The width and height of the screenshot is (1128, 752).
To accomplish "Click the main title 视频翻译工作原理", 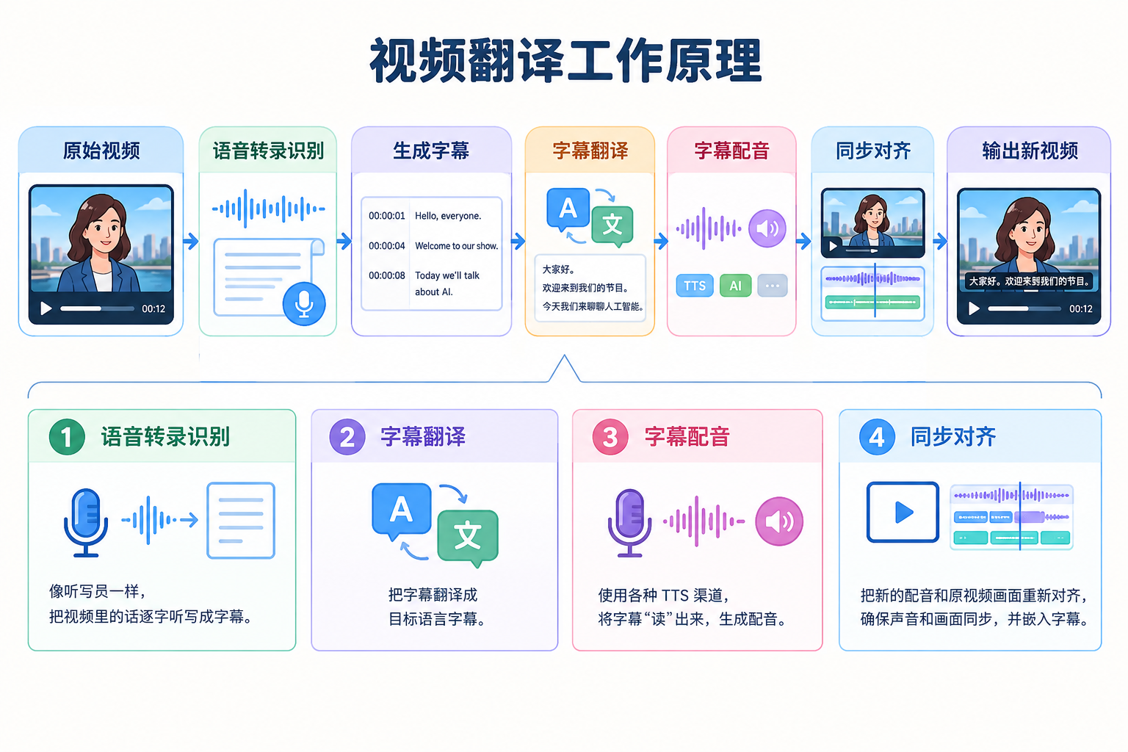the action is [565, 60].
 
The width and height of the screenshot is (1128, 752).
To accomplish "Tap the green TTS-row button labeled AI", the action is [735, 286].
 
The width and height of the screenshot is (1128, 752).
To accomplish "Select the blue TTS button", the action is [695, 286].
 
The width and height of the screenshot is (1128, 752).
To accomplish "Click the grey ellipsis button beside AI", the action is [772, 286].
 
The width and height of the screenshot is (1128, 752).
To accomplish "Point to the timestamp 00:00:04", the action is [387, 246].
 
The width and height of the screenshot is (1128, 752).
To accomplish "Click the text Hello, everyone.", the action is [448, 216].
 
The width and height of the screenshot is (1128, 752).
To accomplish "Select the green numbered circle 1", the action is [67, 437].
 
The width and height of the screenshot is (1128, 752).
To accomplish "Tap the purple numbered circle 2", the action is [347, 437].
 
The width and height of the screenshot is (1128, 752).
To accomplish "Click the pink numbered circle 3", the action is [610, 437].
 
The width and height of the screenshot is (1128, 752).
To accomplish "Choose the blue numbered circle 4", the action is [877, 437].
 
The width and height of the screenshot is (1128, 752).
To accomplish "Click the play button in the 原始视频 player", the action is [46, 308].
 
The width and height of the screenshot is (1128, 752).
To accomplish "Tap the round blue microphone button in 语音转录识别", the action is [303, 304].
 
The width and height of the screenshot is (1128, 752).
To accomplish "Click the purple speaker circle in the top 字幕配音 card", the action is [767, 228].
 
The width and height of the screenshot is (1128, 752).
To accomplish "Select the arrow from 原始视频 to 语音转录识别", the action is [191, 242].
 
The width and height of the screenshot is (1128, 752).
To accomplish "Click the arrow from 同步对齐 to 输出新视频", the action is [940, 242].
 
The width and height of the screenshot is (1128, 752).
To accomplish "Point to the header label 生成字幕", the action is [431, 151].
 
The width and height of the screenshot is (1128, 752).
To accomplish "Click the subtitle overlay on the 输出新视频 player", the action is [1029, 281].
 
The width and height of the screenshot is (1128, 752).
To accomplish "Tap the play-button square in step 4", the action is [903, 513].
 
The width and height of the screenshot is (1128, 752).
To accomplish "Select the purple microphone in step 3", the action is [629, 523].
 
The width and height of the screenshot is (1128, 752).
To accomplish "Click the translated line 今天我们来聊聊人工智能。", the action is [593, 306].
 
